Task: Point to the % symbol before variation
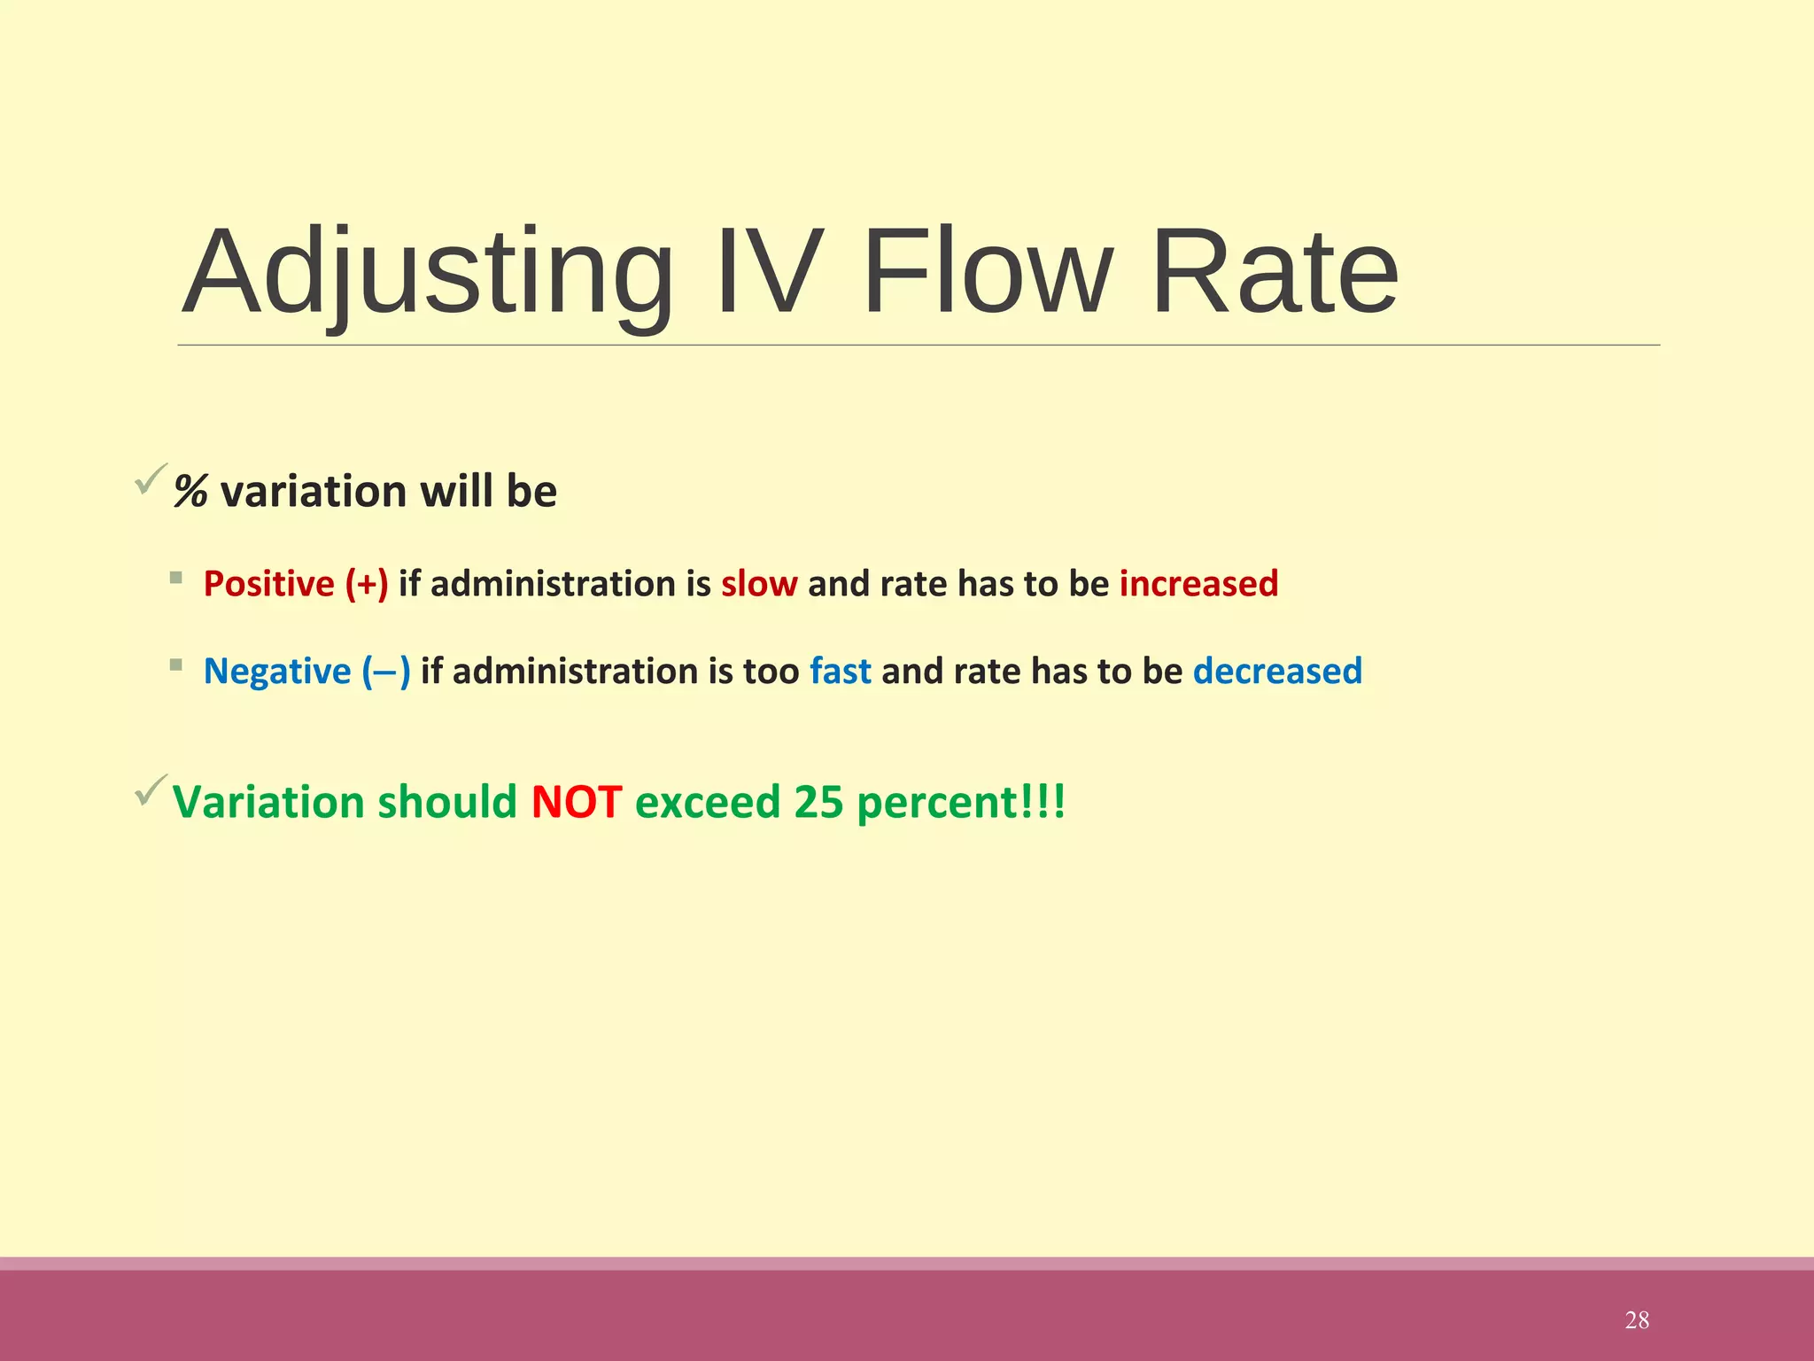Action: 190,492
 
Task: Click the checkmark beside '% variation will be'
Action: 151,478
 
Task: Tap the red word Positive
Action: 268,584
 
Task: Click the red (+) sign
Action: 367,584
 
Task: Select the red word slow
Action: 759,584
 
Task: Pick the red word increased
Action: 1198,584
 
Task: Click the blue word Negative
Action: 277,672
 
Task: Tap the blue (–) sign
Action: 386,672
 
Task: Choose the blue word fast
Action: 840,672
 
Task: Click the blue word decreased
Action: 1277,672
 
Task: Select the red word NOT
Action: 577,803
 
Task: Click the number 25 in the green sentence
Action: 818,803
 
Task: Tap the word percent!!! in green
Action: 961,803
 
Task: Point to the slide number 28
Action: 1637,1320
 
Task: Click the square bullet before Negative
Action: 176,665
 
